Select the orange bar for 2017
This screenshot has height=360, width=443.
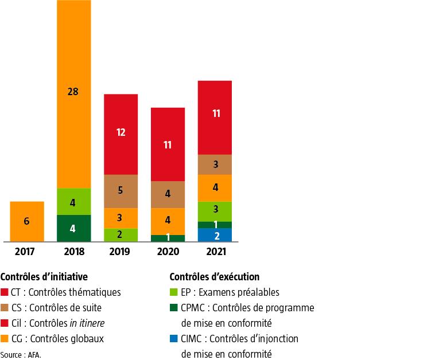click(26, 221)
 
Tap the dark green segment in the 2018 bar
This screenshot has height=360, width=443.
click(73, 228)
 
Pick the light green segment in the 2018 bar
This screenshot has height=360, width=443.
click(73, 201)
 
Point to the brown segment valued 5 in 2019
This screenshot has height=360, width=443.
click(121, 191)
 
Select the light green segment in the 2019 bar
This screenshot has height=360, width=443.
click(121, 234)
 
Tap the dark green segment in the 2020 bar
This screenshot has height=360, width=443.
click(168, 238)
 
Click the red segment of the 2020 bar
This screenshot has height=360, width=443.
click(168, 144)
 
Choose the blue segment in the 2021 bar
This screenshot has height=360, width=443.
click(215, 235)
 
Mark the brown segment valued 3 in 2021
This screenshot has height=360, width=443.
click(215, 165)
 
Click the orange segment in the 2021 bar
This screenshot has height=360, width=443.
click(215, 188)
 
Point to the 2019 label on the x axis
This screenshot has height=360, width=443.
click(121, 252)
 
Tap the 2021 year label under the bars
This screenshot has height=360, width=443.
click(215, 252)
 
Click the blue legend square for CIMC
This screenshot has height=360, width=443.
click(174, 339)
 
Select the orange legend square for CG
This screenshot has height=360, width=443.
click(5, 339)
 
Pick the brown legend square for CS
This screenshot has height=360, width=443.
click(5, 308)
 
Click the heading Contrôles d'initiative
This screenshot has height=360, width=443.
click(44, 277)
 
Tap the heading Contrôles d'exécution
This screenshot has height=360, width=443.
click(215, 277)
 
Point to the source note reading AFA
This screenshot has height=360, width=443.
click(21, 354)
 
